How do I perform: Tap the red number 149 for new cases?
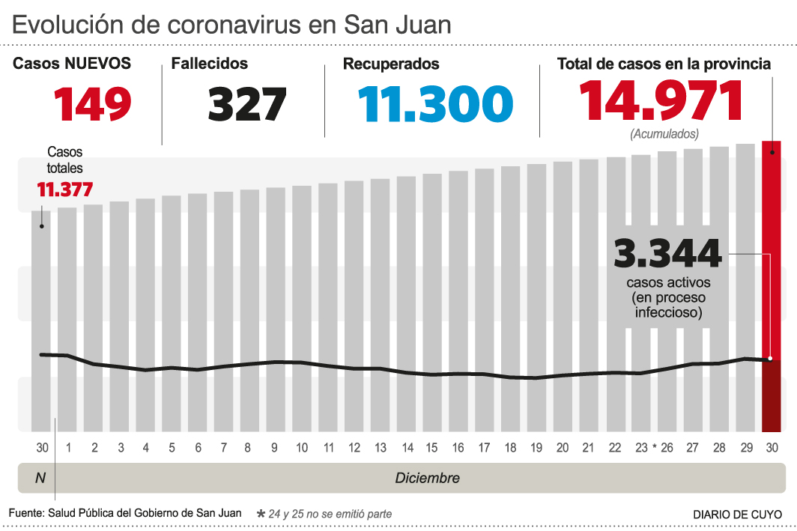[93, 103]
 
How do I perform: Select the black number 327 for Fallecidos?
[247, 103]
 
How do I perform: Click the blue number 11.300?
[435, 103]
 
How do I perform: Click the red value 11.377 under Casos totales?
[65, 189]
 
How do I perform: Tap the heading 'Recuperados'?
[391, 64]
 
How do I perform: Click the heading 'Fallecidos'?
[210, 64]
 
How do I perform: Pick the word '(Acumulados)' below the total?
[664, 134]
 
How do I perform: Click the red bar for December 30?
[772, 285]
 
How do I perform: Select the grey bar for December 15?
[432, 300]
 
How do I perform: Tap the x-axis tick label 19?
[536, 448]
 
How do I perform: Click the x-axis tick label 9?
[275, 448]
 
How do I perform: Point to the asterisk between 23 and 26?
[654, 448]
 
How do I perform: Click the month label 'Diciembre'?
[428, 478]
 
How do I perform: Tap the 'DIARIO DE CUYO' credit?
[737, 515]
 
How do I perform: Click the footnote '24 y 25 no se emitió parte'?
[330, 514]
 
